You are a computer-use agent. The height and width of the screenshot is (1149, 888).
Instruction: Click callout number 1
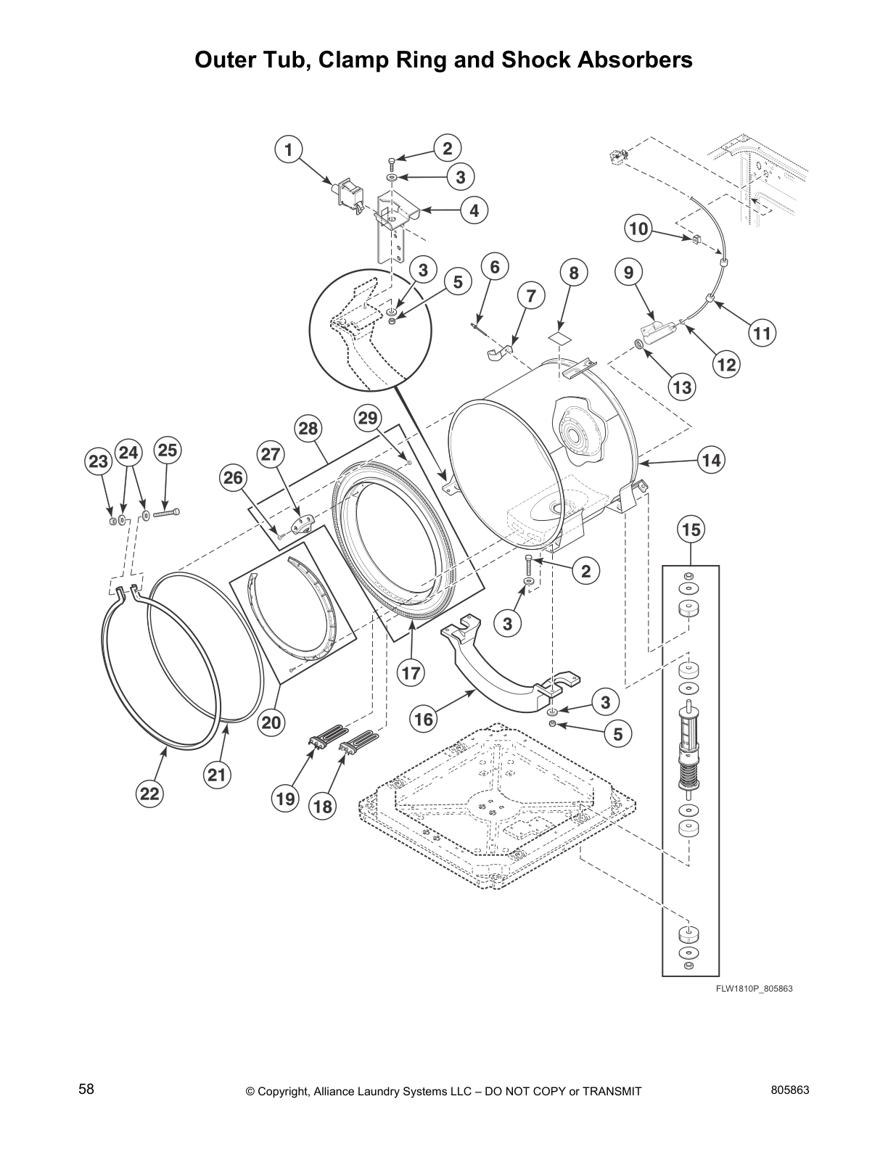(288, 150)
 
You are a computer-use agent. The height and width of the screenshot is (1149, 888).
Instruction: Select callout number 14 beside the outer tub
(712, 460)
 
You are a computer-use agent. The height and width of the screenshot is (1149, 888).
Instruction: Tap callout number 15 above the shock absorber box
(691, 530)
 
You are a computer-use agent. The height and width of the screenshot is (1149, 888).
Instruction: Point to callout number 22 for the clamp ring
(149, 794)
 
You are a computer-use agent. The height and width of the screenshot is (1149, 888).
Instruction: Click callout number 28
(308, 429)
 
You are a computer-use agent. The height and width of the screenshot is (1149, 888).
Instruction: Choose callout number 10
(638, 229)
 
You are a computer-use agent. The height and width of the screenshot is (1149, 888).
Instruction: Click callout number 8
(574, 273)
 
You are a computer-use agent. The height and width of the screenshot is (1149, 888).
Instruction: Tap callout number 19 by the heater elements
(285, 799)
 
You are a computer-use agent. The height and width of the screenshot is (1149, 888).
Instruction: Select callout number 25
(167, 450)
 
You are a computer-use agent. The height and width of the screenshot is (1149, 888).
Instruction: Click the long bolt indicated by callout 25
(166, 514)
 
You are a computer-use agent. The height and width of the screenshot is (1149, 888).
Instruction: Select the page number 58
(86, 1090)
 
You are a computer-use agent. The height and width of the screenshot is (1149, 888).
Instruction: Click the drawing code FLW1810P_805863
(751, 988)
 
